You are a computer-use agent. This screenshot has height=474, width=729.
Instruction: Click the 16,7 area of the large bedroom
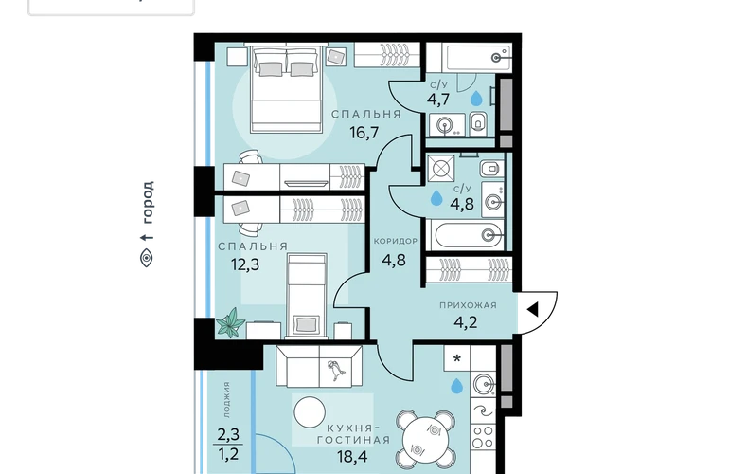click(x=364, y=133)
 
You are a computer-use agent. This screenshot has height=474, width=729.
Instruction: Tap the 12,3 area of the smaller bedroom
click(x=245, y=264)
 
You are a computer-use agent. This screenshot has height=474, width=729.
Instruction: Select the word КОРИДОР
click(x=396, y=241)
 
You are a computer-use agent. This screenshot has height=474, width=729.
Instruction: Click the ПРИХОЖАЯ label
click(x=469, y=305)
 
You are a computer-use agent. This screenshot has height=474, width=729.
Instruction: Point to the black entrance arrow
click(x=533, y=309)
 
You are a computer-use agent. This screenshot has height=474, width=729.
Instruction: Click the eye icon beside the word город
click(x=147, y=258)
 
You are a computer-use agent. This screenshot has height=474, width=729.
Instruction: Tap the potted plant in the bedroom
click(x=231, y=322)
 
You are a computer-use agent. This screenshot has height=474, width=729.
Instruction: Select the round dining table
click(x=426, y=441)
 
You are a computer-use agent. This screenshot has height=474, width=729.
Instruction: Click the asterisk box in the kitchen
click(x=457, y=358)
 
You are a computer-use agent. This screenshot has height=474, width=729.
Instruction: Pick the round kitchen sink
click(x=484, y=384)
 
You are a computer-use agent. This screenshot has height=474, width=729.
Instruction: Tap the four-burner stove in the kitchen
click(x=483, y=437)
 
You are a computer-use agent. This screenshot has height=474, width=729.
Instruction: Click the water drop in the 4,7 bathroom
click(x=476, y=99)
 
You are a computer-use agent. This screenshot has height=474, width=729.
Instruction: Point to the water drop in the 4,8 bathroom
click(x=436, y=198)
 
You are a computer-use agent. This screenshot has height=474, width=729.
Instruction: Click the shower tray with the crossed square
click(x=440, y=168)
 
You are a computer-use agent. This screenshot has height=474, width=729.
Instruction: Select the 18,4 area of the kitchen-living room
click(x=353, y=456)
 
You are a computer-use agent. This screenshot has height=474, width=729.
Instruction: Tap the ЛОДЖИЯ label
click(x=226, y=399)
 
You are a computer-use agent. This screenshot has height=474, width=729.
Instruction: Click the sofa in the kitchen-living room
click(x=319, y=366)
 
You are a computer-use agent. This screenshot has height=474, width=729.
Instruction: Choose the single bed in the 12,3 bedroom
click(x=307, y=295)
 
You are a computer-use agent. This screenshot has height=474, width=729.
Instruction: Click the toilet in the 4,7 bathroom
click(x=478, y=123)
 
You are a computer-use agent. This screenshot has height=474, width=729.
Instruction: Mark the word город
click(x=147, y=202)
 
